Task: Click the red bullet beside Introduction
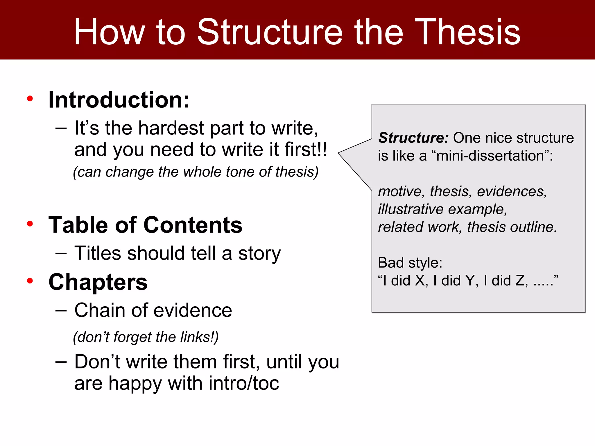click(x=30, y=99)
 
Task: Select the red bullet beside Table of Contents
click(x=30, y=224)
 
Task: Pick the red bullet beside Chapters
click(x=30, y=281)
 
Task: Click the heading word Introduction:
click(x=119, y=100)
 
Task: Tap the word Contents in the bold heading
click(x=193, y=225)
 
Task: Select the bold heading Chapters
click(x=98, y=282)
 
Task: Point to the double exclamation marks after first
click(x=322, y=149)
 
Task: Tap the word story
click(x=259, y=253)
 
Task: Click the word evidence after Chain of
click(x=193, y=310)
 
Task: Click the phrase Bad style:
click(x=410, y=263)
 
